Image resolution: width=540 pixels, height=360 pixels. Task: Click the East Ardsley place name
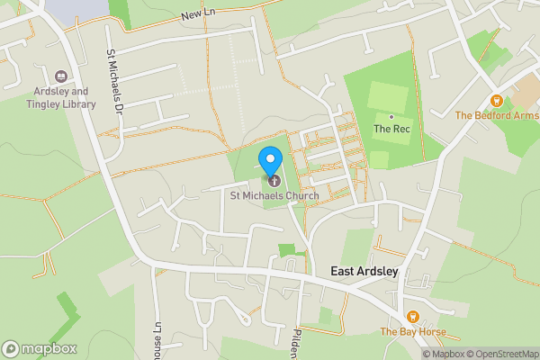coord(364,271)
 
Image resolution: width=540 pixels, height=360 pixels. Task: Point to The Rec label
coord(392,129)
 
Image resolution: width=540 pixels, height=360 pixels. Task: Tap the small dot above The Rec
coord(391,116)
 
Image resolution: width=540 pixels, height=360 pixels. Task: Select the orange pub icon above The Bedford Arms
coord(496,100)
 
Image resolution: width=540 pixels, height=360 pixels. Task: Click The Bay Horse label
coord(412,331)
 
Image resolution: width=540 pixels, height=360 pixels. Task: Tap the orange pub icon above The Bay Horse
coord(412,316)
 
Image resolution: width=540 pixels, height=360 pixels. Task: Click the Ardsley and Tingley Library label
coord(62,97)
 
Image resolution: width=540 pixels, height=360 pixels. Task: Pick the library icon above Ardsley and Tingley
coord(62,77)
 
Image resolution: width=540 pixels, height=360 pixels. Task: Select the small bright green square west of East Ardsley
coord(286,250)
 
